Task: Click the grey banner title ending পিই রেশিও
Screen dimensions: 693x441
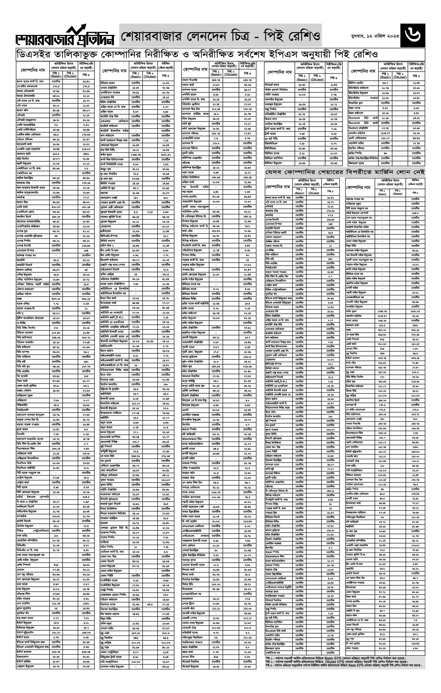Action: tap(220, 36)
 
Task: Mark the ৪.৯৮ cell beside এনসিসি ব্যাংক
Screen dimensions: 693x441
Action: tap(216, 93)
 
